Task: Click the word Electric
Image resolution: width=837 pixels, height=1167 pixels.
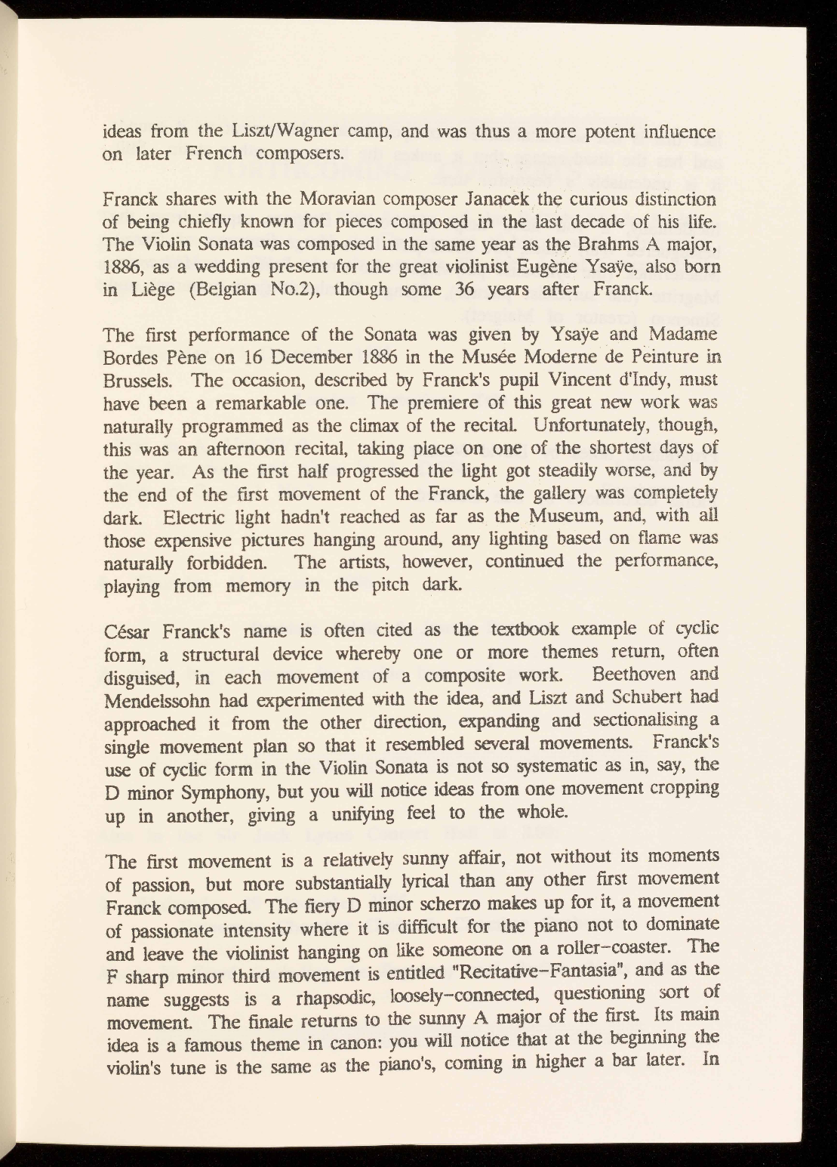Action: (198, 517)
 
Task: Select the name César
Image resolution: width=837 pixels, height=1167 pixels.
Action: (127, 630)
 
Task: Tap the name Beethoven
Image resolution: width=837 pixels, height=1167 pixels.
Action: (639, 674)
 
